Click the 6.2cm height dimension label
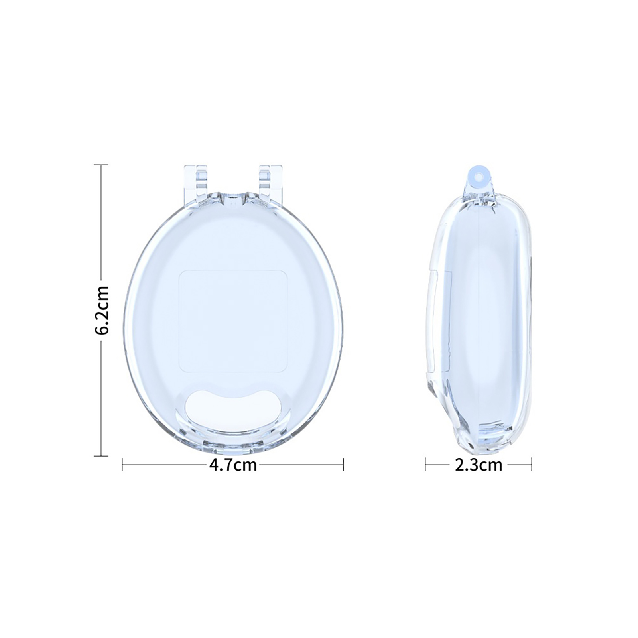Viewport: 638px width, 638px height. pos(101,310)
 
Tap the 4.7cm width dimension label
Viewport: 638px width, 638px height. pos(233,465)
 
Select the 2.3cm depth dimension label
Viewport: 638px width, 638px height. pos(478,465)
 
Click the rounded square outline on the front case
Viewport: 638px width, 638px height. pos(233,321)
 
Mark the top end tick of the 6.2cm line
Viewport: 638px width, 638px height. pos(101,165)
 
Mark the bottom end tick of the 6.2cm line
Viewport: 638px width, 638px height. pos(101,455)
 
